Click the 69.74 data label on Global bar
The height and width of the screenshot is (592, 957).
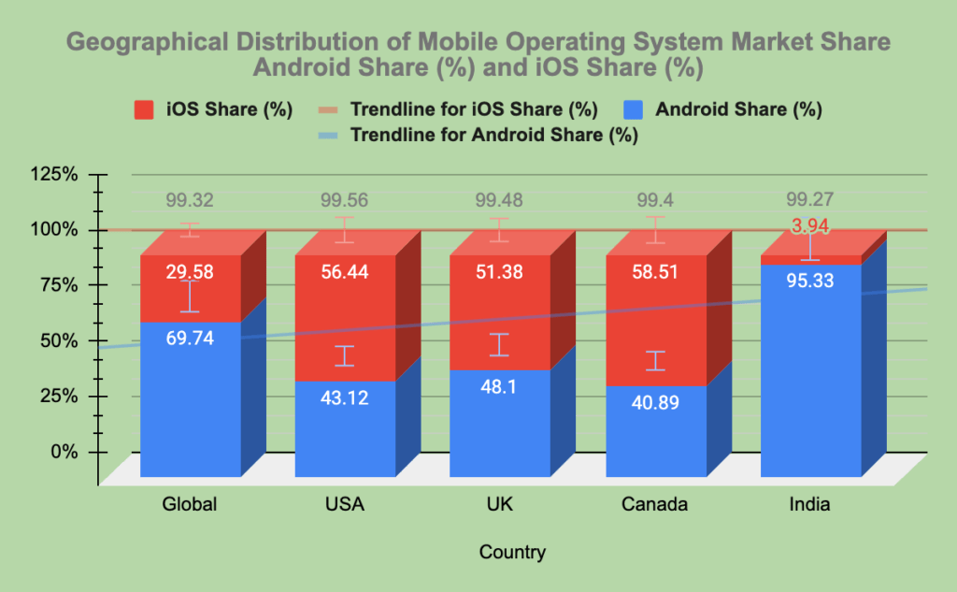pos(190,339)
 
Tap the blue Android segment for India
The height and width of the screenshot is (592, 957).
pos(810,374)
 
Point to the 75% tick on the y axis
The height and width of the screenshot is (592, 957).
pos(58,285)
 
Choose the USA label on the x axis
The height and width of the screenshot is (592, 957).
pos(345,505)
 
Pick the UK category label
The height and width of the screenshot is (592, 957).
pos(499,505)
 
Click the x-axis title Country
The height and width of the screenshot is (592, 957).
pos(512,552)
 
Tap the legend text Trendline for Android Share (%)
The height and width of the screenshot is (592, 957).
pos(493,135)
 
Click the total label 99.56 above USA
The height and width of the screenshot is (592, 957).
pos(345,200)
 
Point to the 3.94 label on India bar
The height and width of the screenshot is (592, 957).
pos(810,226)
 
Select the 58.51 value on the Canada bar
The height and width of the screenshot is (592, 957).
pos(655,272)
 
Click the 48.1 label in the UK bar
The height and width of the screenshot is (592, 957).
pos(499,397)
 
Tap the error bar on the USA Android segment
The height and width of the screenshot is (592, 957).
pos(345,356)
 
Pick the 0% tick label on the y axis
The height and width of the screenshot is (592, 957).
pos(63,452)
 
